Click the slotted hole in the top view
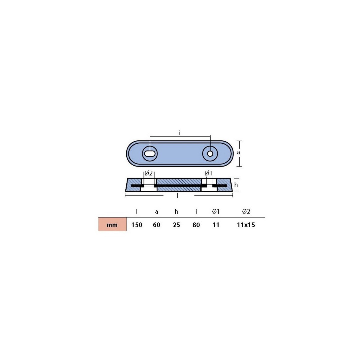(150, 154)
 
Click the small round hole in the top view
(210, 154)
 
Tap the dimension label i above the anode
(179, 133)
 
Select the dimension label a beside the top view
(238, 153)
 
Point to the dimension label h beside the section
(236, 185)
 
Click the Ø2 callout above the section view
(148, 173)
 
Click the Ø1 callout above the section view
(208, 173)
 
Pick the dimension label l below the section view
(178, 196)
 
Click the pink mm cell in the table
(112, 224)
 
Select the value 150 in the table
(137, 225)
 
